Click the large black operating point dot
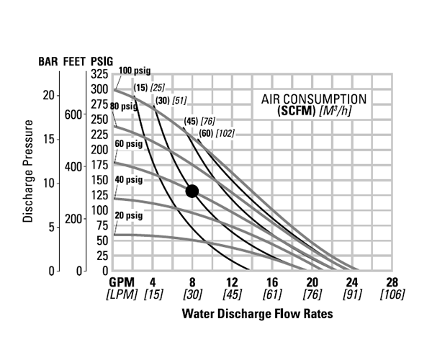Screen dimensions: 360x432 192,191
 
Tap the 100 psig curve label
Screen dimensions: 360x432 135,70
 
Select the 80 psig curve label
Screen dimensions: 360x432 124,107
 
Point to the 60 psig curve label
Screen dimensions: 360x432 129,143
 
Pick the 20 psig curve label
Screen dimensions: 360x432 129,216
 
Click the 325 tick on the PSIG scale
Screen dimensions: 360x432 100,75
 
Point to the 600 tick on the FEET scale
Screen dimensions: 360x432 74,114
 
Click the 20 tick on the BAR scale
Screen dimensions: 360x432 48,95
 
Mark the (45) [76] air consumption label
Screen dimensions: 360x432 199,120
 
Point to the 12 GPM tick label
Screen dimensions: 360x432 233,283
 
